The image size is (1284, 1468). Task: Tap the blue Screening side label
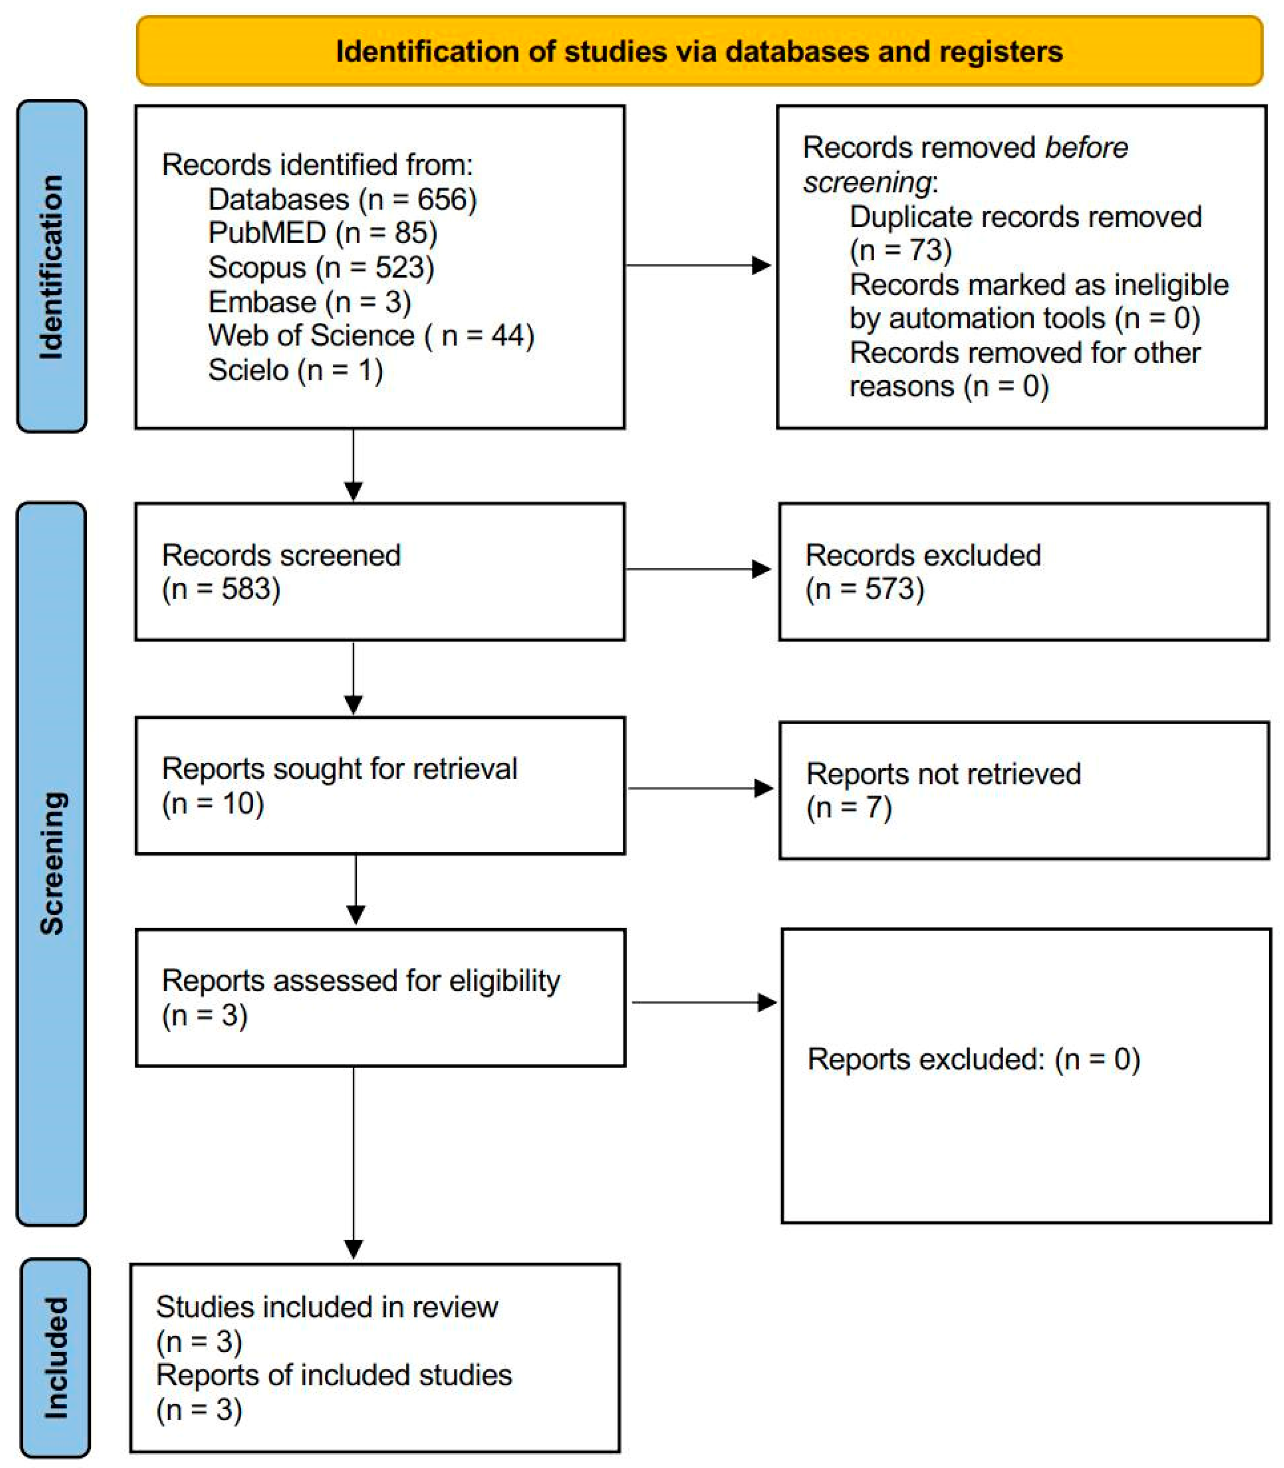52,863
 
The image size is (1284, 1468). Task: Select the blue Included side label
55,1357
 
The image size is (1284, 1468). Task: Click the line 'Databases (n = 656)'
342,199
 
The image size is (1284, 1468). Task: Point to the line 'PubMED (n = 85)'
322,233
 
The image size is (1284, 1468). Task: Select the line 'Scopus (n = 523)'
321,267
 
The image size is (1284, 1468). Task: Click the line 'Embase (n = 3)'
310,301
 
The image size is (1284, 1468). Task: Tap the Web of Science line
371,335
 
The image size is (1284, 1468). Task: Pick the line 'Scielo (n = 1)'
295,370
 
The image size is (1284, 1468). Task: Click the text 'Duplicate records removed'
1025,216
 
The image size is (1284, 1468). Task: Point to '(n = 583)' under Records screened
221,589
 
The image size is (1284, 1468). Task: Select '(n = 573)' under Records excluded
864,589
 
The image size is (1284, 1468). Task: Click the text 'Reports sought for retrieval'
339,769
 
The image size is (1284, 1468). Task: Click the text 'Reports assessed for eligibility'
360,981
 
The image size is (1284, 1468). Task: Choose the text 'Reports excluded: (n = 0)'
973,1059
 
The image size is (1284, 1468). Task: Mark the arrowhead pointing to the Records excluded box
761,569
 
